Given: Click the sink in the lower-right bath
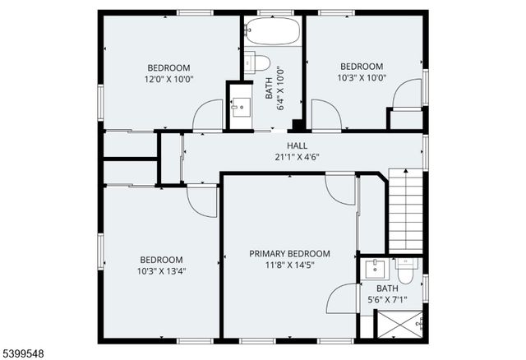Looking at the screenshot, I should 376,268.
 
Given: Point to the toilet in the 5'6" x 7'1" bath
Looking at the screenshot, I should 406,267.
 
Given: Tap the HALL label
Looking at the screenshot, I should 275,145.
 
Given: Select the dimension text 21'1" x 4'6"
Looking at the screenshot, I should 275,157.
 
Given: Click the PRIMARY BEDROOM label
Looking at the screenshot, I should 289,254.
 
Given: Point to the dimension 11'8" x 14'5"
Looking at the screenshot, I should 289,265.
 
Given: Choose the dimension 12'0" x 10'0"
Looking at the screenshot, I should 168,79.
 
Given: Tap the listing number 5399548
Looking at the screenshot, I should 24,352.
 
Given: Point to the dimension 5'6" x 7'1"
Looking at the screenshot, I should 387,299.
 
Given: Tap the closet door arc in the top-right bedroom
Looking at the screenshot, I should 405,94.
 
